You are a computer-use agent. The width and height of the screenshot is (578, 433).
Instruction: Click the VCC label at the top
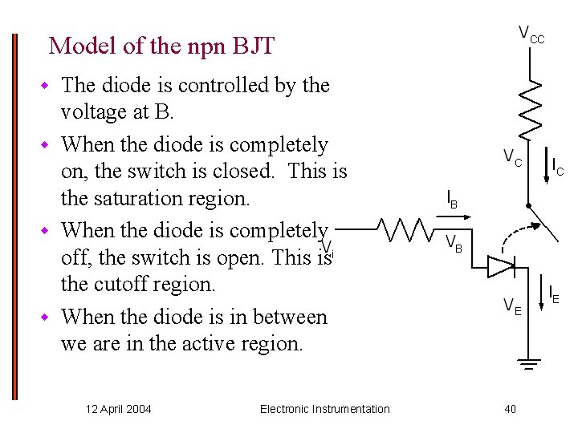[x=530, y=34]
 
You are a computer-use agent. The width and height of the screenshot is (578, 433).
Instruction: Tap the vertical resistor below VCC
[x=530, y=107]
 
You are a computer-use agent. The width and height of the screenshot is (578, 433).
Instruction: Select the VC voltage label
[x=512, y=157]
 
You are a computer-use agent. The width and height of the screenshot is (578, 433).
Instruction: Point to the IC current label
[x=557, y=166]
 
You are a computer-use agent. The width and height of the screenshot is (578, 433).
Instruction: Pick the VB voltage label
[x=454, y=242]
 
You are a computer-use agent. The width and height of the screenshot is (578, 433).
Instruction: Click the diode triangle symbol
[x=502, y=266]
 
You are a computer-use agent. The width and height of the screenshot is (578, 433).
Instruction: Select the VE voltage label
[x=512, y=306]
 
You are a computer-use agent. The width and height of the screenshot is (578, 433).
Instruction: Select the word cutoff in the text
[x=121, y=284]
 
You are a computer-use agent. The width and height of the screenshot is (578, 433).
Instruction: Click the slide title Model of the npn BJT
[x=161, y=46]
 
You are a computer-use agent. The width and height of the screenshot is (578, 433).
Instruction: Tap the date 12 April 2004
[x=118, y=409]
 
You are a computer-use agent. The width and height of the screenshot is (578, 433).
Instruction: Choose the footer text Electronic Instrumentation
[x=324, y=409]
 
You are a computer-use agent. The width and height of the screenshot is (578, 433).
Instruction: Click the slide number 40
[x=511, y=409]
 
